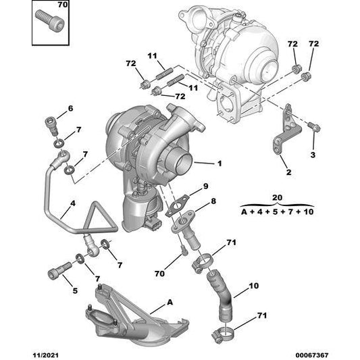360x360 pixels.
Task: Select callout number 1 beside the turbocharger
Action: [x=220, y=163]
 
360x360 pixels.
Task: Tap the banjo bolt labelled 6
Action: [x=53, y=126]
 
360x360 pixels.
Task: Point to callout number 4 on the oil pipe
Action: [x=73, y=203]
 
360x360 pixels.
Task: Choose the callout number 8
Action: [x=213, y=201]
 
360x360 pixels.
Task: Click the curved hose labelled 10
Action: [x=220, y=295]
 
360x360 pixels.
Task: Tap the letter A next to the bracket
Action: [x=170, y=302]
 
